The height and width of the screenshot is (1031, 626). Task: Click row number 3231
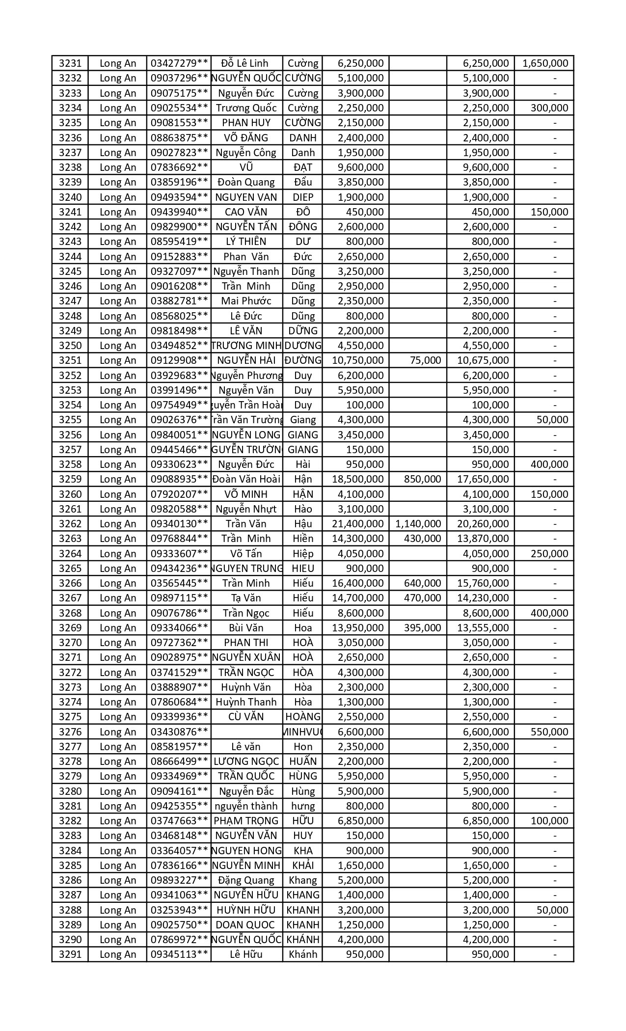[70, 63]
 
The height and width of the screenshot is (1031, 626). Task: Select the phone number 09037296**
[179, 78]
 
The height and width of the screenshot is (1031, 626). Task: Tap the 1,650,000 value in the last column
[545, 63]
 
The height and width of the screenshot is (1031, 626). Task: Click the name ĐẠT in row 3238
[302, 167]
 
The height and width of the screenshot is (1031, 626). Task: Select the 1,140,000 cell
[418, 524]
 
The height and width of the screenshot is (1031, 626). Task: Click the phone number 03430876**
[179, 732]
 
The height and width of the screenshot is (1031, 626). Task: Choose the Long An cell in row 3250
[118, 346]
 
